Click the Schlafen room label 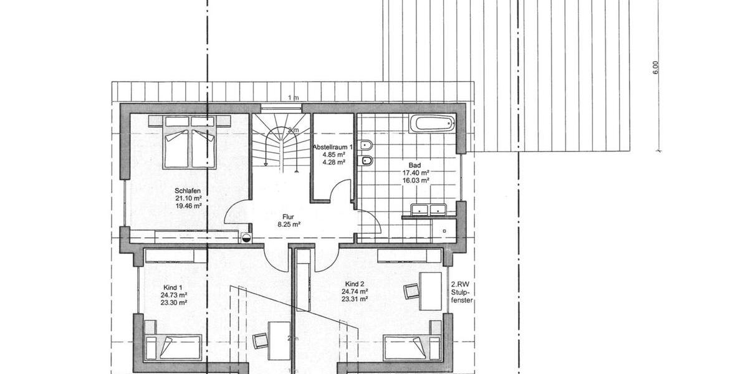point(188,191)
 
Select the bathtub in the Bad point(433,123)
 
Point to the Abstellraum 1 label point(332,147)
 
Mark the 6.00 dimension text point(655,67)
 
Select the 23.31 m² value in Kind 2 point(354,299)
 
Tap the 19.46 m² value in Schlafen point(188,206)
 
